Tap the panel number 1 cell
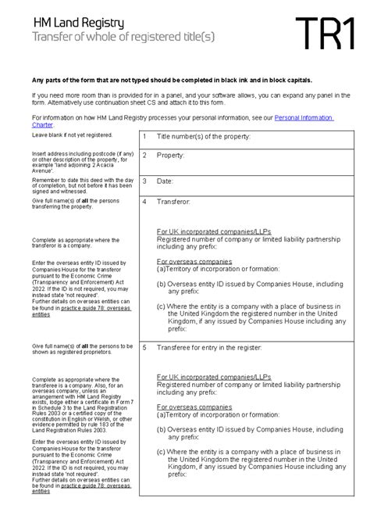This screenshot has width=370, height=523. tap(145, 137)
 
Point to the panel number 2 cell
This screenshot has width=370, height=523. tap(145, 156)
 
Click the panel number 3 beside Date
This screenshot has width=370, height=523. tap(145, 181)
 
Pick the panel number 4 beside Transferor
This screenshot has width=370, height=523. tap(145, 202)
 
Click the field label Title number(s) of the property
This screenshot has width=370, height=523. tap(203, 137)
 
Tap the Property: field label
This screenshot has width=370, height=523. tap(171, 156)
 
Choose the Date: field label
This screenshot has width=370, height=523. tap(165, 181)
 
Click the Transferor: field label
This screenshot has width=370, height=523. tap(174, 202)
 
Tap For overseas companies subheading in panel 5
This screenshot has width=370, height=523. tap(194, 407)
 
